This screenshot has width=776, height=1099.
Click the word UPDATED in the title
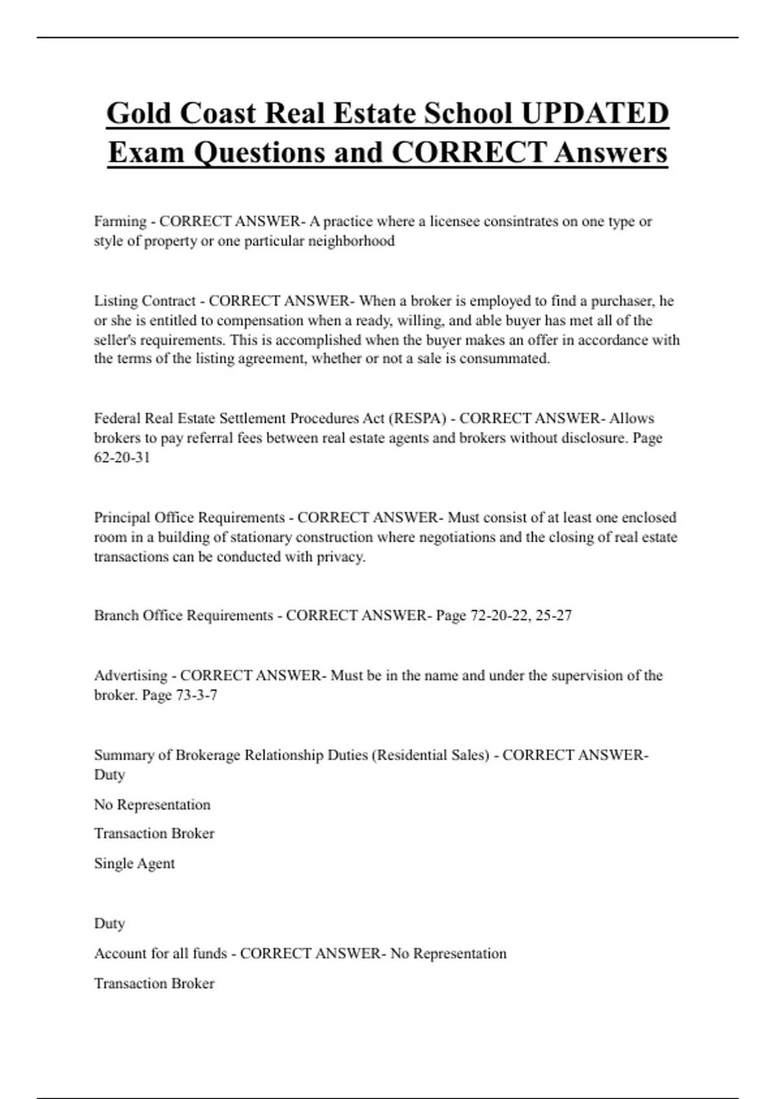[594, 113]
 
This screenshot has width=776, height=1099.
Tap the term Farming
[120, 222]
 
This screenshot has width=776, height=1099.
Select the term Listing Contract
[145, 301]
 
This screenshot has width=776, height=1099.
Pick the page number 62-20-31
[122, 458]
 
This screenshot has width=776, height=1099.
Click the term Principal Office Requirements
[189, 518]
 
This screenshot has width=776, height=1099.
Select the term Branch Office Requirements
[184, 615]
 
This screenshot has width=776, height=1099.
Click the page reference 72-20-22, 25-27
[521, 615]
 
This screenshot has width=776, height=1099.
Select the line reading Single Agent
[135, 864]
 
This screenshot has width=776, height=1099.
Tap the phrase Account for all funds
[160, 954]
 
